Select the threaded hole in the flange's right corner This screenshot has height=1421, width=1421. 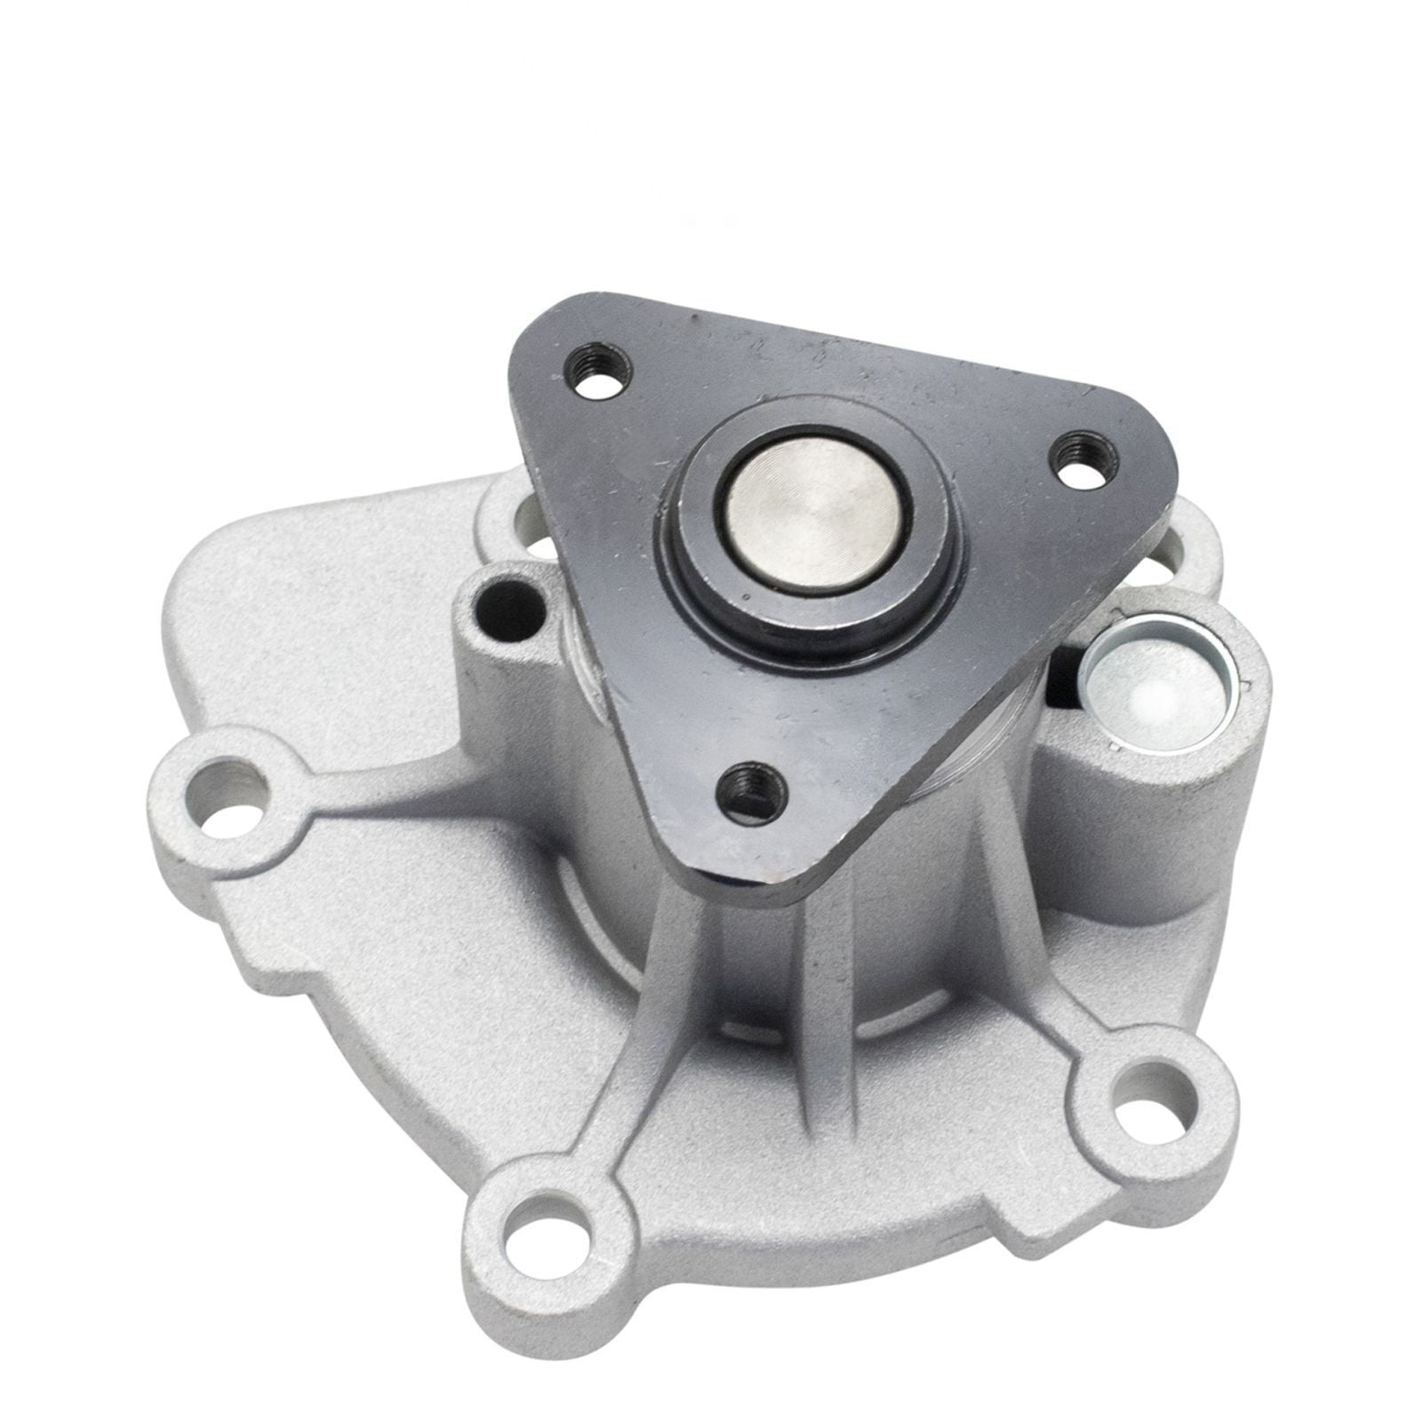coord(1077,454)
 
